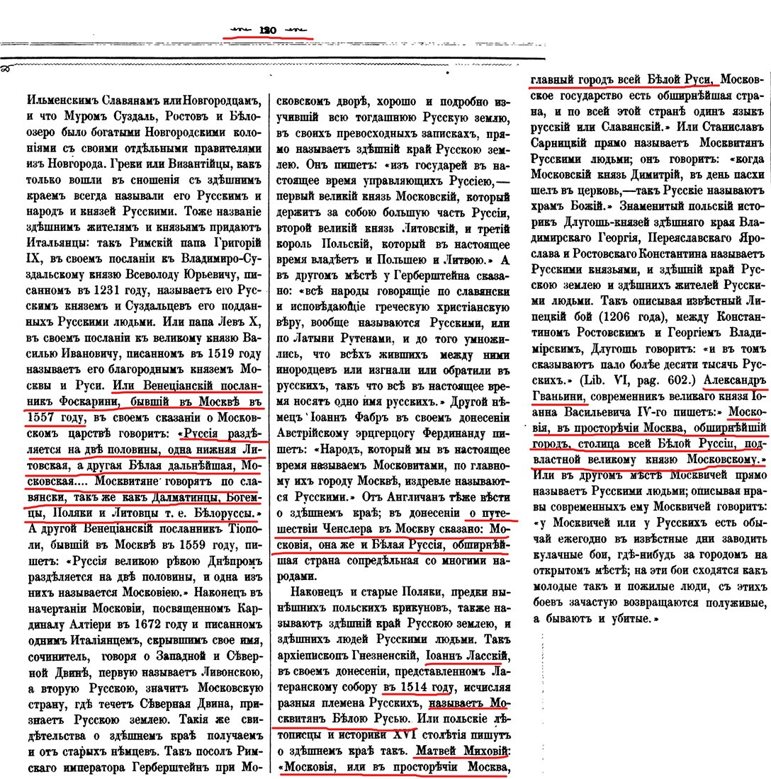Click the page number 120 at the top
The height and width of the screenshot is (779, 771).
[x=267, y=30]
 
